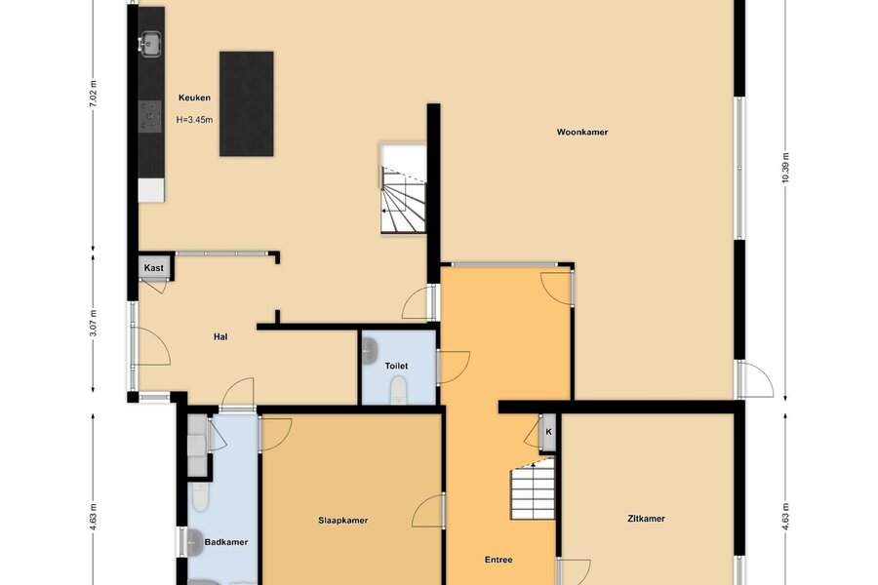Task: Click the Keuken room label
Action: click(194, 97)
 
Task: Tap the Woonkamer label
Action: click(582, 133)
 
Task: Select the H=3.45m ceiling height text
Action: click(194, 120)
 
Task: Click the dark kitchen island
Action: click(247, 103)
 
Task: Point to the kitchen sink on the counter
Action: click(150, 44)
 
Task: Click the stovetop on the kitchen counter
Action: click(150, 116)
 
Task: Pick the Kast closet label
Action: click(153, 268)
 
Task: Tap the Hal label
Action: click(220, 337)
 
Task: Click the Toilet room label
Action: click(396, 367)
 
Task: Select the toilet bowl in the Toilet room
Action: click(398, 390)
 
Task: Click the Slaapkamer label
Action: click(343, 521)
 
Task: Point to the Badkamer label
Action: click(226, 542)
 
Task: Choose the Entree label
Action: click(499, 560)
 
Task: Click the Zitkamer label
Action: click(646, 519)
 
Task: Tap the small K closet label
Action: click(548, 432)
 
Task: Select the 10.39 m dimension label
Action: click(785, 168)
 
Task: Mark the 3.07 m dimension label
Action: click(94, 324)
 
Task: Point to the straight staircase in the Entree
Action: click(533, 488)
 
